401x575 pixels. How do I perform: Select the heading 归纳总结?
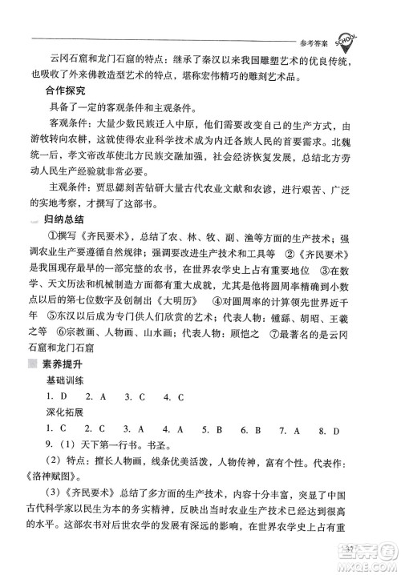75,219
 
